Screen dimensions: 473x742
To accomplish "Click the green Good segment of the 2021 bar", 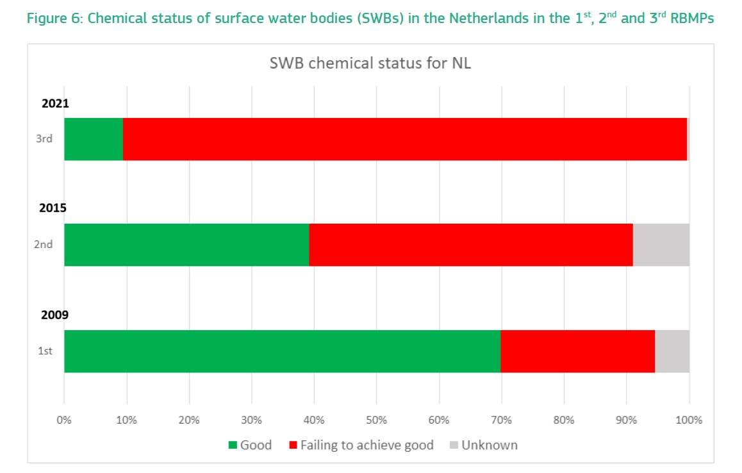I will click(x=94, y=139).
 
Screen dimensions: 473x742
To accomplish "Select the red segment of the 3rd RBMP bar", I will click(x=404, y=139).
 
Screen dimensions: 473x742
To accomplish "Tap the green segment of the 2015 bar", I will click(x=186, y=245).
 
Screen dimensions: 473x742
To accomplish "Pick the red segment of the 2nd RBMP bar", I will click(x=471, y=245).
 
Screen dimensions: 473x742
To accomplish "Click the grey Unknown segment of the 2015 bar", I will click(x=661, y=245).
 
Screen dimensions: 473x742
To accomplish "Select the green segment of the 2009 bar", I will click(x=282, y=351).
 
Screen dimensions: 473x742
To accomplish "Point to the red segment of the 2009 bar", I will click(x=577, y=351).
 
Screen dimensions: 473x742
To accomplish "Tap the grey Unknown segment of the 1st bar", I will click(x=672, y=351).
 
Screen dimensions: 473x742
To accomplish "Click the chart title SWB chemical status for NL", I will click(x=370, y=64).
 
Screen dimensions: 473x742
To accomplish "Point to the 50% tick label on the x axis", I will click(x=377, y=420).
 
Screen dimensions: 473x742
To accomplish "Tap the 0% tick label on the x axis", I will click(x=64, y=420).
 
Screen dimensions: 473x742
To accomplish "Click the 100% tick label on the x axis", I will click(x=689, y=420).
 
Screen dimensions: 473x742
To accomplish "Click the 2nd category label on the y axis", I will click(x=44, y=245).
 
